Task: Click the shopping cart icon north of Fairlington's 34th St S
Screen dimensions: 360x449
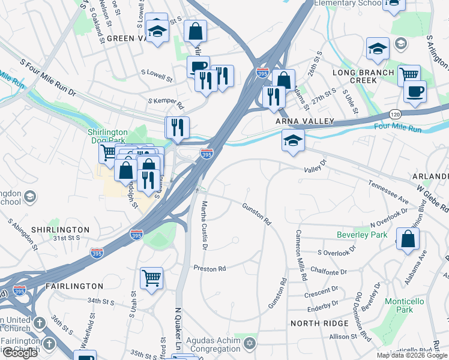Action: tap(151, 277)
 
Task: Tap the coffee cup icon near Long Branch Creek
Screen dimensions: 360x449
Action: tap(414, 91)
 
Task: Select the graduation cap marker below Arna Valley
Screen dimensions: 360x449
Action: tap(293, 140)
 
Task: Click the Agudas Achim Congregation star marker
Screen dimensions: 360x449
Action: tap(250, 344)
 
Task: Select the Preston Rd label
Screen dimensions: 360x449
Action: tap(209, 268)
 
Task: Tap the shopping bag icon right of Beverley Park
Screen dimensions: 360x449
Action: tap(408, 239)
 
